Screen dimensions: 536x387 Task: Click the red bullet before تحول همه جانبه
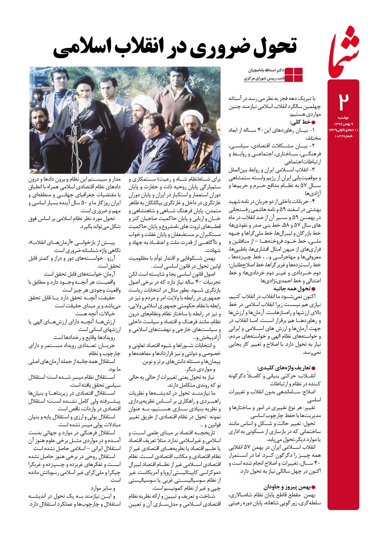[x=314, y=289]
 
